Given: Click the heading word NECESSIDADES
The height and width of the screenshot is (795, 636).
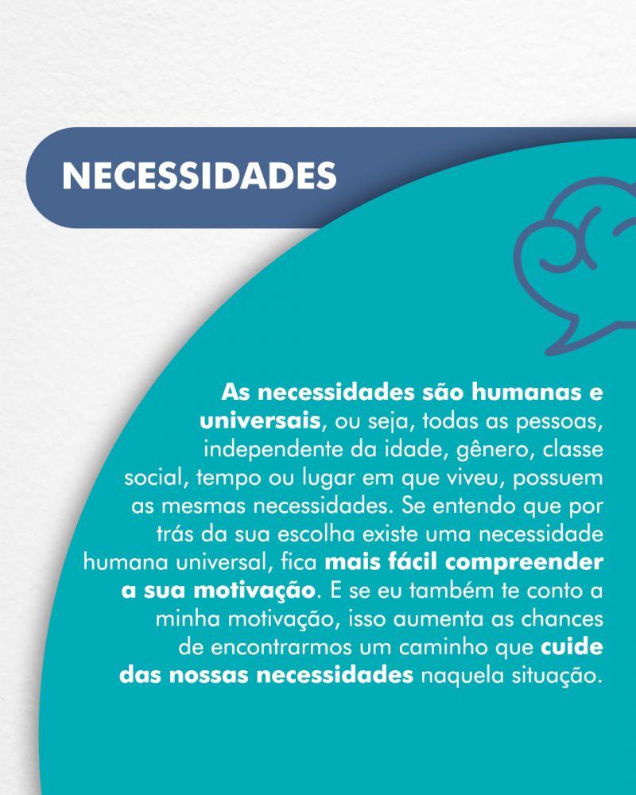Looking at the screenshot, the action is (200, 176).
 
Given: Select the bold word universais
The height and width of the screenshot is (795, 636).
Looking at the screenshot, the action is (260, 421).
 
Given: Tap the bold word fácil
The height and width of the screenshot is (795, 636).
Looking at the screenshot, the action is (412, 562).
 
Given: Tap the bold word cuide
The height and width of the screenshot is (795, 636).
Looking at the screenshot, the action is (572, 647).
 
